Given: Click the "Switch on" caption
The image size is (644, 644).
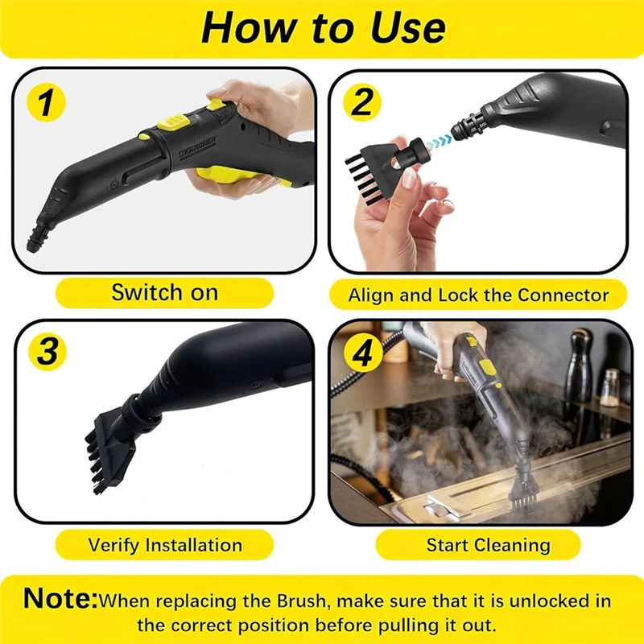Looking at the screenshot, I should [x=164, y=293].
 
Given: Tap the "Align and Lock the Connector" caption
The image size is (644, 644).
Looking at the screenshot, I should [x=478, y=295].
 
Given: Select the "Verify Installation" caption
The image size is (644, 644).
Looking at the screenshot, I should [x=165, y=545].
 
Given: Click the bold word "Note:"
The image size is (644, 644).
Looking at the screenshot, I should [x=60, y=599].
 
